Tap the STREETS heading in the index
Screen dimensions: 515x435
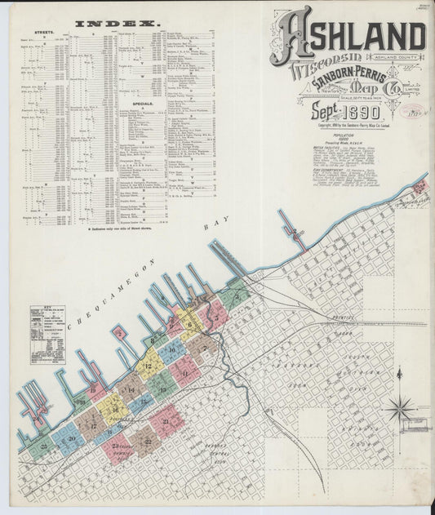tap(42, 34)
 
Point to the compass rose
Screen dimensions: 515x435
tap(401, 408)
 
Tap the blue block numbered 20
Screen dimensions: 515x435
tap(71, 438)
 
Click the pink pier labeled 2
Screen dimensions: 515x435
tap(120, 332)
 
